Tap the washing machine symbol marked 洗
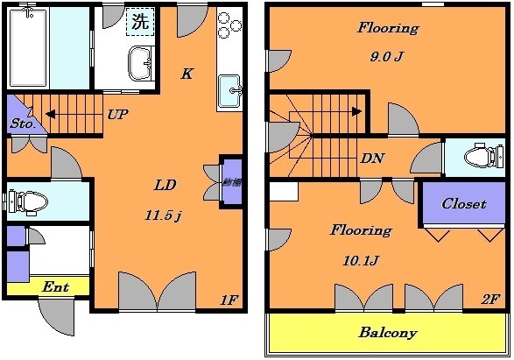139,22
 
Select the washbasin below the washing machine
140,64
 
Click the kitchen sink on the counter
229,91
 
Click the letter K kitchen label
187,74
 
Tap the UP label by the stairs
116,113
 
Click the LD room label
165,185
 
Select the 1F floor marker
229,300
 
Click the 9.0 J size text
386,59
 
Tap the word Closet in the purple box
463,203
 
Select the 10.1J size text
359,258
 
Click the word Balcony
388,333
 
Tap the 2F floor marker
490,299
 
